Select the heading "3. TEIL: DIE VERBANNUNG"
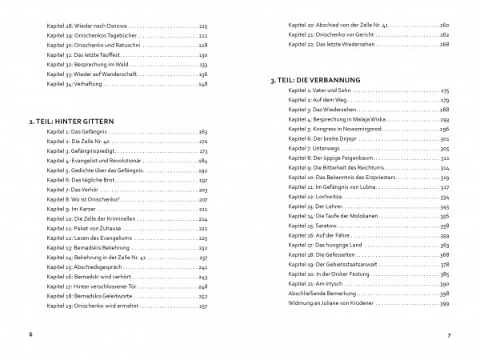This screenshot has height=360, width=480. coord(315,81)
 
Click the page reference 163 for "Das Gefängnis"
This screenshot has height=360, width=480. coord(202,130)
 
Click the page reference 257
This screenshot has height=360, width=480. coord(202,306)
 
